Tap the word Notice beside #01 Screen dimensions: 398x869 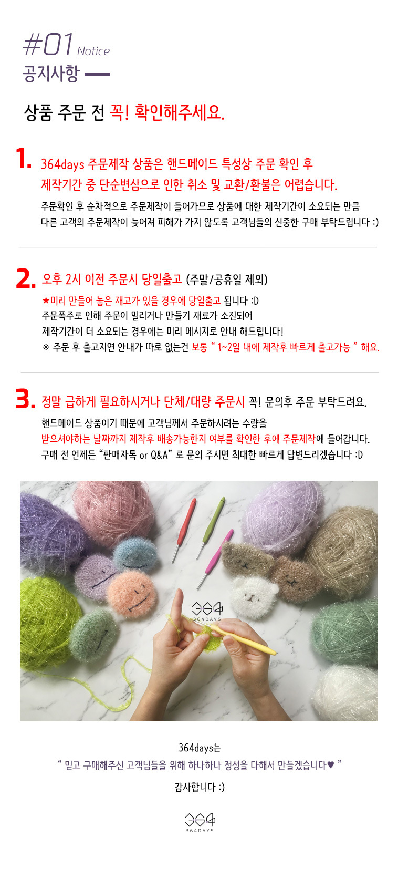93,51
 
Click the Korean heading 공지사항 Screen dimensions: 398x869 51,74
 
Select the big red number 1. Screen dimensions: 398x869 23,158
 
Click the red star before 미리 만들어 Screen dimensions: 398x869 46,301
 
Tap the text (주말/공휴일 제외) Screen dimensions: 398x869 227,280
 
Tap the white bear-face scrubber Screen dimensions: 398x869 254,595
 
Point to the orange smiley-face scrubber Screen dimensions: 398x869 132,593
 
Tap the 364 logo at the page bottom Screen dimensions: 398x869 200,823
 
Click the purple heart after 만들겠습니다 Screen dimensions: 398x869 330,765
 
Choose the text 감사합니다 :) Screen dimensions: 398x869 200,787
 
